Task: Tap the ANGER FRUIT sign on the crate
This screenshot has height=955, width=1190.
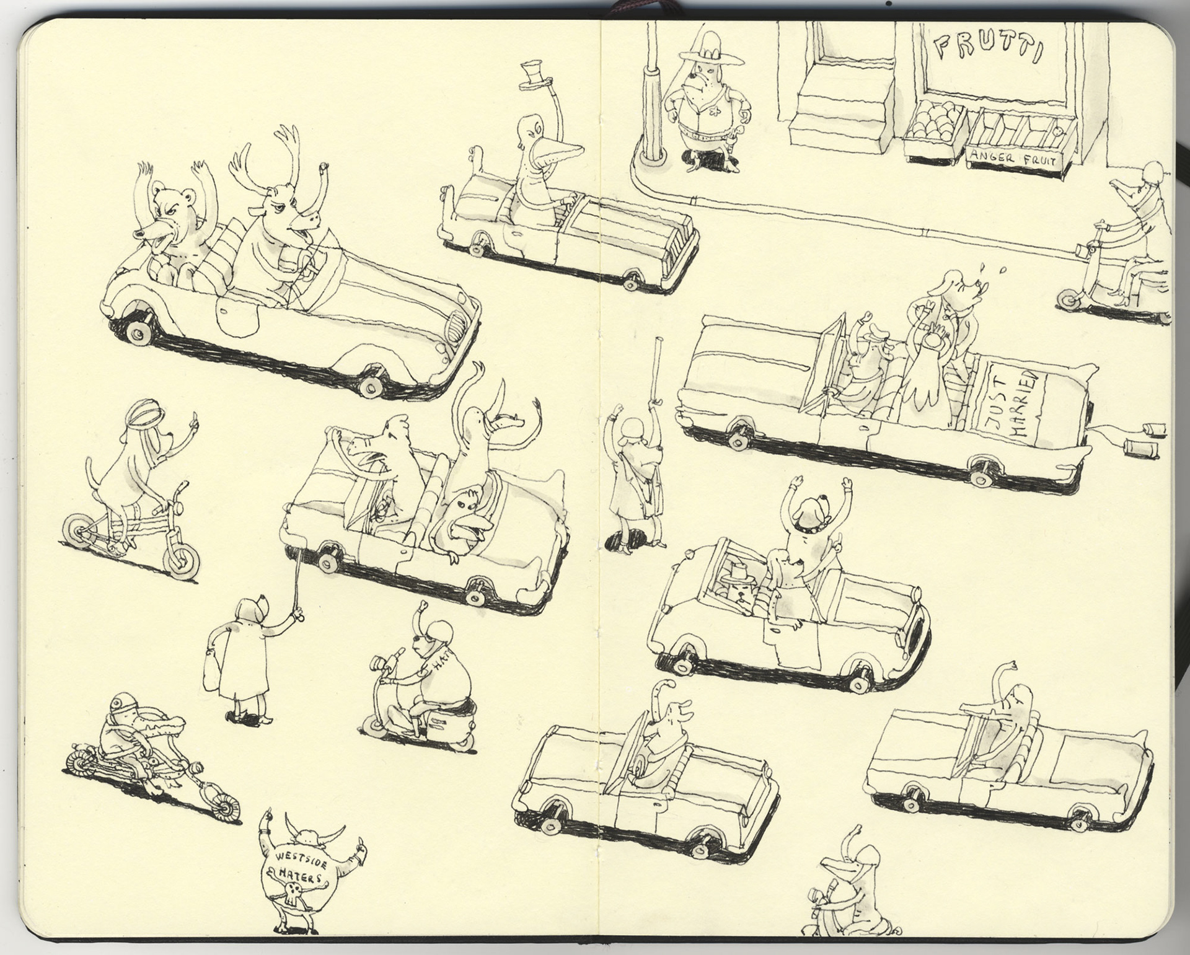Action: point(1015,159)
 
